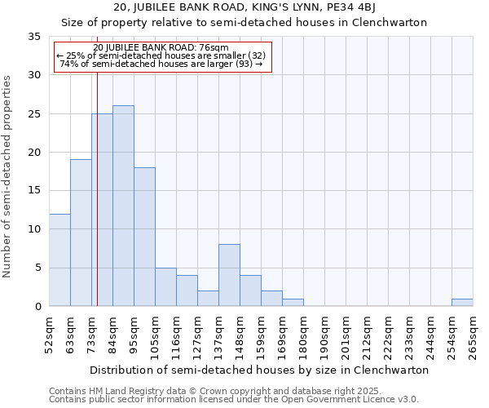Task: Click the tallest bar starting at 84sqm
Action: pyautogui.click(x=123, y=206)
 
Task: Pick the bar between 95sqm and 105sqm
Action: pyautogui.click(x=144, y=237)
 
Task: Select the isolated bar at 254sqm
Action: pyautogui.click(x=462, y=303)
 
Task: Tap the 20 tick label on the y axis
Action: pyautogui.click(x=34, y=153)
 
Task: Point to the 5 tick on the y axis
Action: pyautogui.click(x=37, y=268)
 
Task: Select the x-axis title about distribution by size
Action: pyautogui.click(x=259, y=370)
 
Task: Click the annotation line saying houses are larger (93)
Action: pyautogui.click(x=161, y=64)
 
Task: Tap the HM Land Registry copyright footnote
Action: pyautogui.click(x=227, y=391)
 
